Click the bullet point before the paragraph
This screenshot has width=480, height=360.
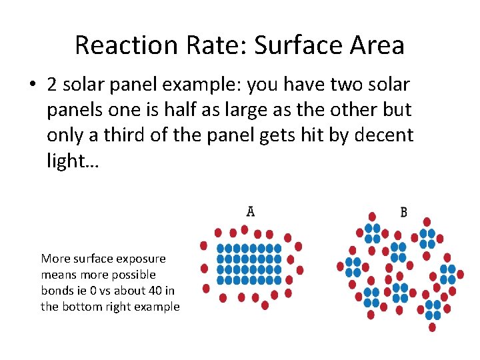pyautogui.click(x=31, y=85)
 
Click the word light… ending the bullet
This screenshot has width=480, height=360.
pyautogui.click(x=72, y=161)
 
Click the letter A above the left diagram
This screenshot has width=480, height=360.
pyautogui.click(x=250, y=211)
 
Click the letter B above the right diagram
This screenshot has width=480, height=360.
pyautogui.click(x=403, y=212)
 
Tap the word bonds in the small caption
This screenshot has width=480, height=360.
pyautogui.click(x=57, y=291)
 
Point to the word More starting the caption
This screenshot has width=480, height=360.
pyautogui.click(x=54, y=259)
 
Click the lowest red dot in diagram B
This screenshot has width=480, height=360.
pyautogui.click(x=432, y=327)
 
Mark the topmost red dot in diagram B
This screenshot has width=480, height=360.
pyautogui.click(x=373, y=217)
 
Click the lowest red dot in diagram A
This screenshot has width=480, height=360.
pyautogui.click(x=265, y=305)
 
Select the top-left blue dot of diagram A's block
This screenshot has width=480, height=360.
pyautogui.click(x=221, y=248)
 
